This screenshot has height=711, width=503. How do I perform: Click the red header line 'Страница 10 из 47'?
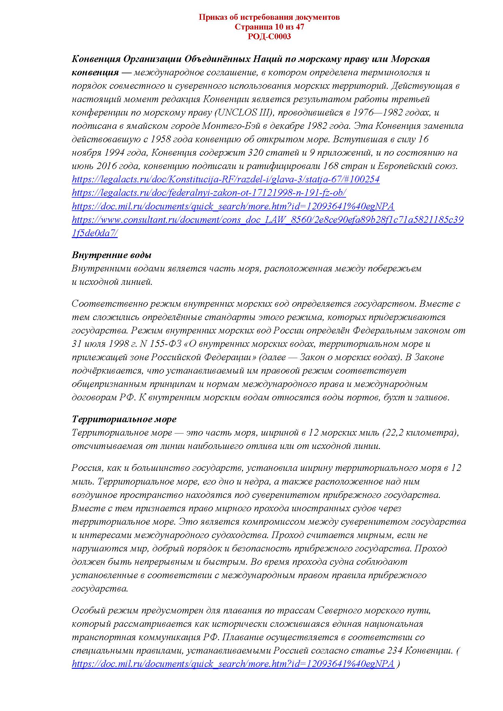coord(269,27)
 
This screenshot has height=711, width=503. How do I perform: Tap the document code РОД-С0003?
coord(269,36)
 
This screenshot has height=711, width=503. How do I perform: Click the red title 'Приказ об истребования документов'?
coord(269,17)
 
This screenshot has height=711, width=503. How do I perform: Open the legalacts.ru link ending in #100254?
coord(225,180)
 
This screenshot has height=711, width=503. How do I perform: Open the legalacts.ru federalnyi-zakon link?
coord(209,193)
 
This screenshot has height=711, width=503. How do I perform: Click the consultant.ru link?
coord(268,220)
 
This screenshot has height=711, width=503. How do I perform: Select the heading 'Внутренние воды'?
coord(112,255)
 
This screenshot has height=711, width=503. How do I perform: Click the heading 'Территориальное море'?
coord(124,419)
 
